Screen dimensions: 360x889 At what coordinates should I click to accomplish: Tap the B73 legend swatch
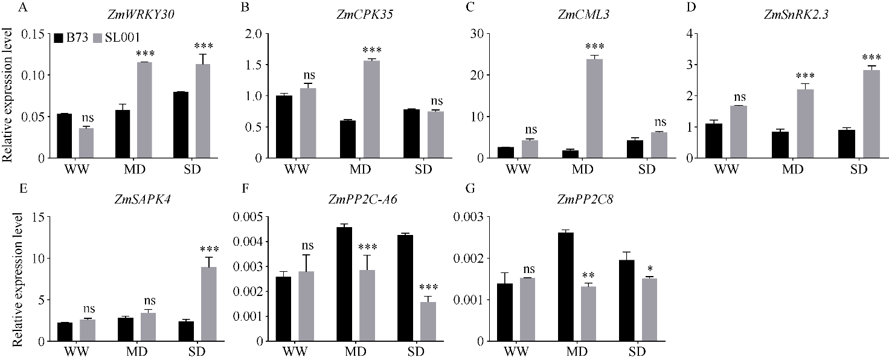(x=59, y=37)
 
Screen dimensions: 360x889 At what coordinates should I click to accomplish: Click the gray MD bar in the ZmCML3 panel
(x=582, y=109)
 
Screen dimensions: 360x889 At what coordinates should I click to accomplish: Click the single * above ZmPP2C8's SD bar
(x=649, y=268)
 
